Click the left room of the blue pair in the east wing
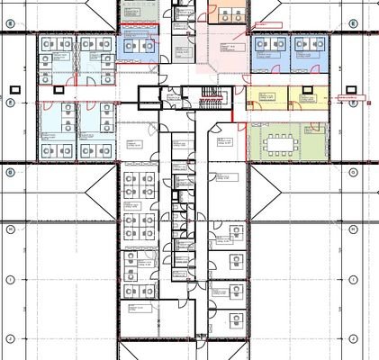[x=269, y=53]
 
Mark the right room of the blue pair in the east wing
[x=307, y=53]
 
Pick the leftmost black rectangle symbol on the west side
[x=15, y=89]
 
